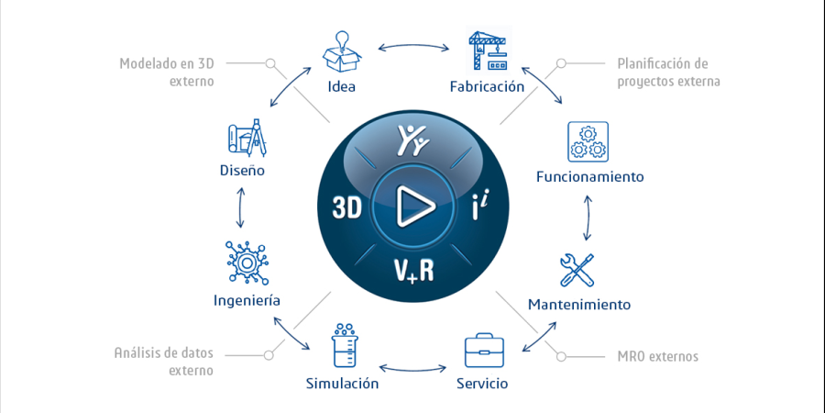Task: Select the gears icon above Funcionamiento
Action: coord(588,141)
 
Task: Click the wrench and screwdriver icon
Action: coord(577,270)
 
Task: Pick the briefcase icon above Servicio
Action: coord(483,350)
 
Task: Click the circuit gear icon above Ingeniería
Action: coord(247,262)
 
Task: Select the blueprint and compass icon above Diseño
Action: coord(247,138)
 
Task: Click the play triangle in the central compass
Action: coord(413,206)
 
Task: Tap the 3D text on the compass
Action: coord(347,207)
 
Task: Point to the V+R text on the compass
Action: coord(413,269)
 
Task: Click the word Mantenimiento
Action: coord(579,305)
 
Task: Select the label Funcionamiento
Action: coord(589,176)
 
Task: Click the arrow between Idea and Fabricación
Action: coord(413,48)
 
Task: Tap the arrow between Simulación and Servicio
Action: coord(413,368)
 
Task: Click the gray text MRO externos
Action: coord(657,357)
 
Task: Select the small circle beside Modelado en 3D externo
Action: coord(269,63)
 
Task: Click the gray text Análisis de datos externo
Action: coord(164,362)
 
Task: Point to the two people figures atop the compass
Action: coord(413,140)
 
